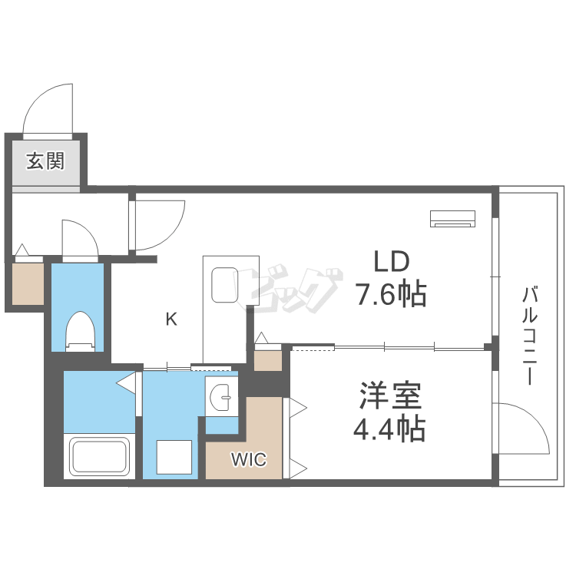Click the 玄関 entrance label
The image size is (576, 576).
[x=45, y=161]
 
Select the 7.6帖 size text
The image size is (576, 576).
[x=390, y=293]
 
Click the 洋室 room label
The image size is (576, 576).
[x=390, y=397]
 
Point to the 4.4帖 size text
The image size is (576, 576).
[x=389, y=429]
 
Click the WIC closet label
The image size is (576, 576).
[x=249, y=460]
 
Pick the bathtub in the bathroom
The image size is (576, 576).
[x=99, y=456]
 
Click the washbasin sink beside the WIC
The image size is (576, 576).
[x=220, y=397]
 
